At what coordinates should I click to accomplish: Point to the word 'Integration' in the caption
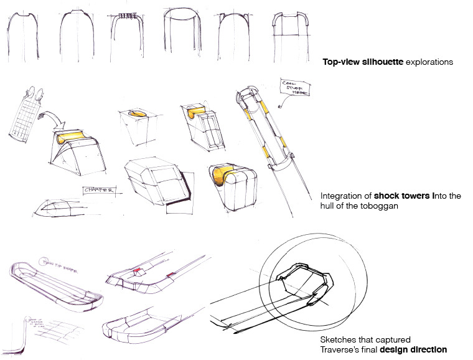pos(340,196)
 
